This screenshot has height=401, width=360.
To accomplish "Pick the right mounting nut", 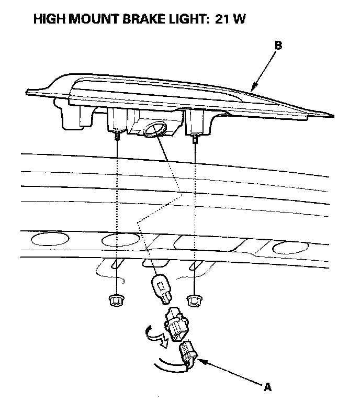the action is pyautogui.click(x=194, y=299).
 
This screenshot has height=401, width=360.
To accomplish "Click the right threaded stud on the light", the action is pyautogui.click(x=195, y=138).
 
